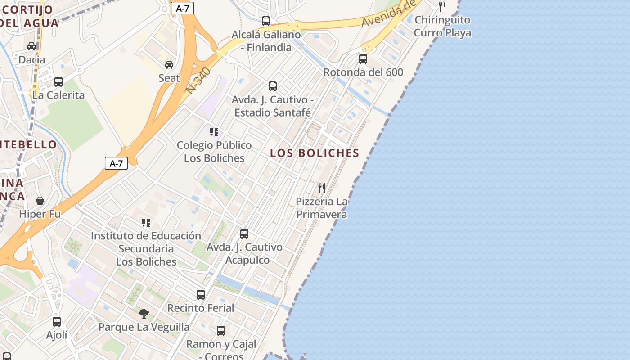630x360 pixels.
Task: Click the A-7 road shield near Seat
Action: [x=182, y=8]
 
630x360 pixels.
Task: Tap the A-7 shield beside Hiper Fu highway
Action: [x=116, y=163]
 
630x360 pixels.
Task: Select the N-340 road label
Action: [x=198, y=81]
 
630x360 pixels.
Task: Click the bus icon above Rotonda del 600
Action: [x=363, y=59]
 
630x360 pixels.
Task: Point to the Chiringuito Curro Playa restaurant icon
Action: [x=442, y=7]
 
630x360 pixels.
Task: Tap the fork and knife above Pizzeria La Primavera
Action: [x=322, y=188]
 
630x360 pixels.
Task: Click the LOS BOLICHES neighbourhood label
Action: [x=315, y=153]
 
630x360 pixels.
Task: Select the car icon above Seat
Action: [x=169, y=65]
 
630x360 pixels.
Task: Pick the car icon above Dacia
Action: [x=31, y=46]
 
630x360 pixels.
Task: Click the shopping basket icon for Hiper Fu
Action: [x=40, y=201]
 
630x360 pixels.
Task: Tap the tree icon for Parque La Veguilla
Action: [x=144, y=313]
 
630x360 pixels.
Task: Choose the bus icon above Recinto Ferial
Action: [x=201, y=295]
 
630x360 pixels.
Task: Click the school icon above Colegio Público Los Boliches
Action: [x=214, y=132]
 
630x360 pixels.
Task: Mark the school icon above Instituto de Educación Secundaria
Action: [x=146, y=223]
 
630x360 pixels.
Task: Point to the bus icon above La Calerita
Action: [x=58, y=82]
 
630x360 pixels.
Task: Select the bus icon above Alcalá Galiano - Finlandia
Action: [x=266, y=21]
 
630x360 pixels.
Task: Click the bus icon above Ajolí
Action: [x=57, y=322]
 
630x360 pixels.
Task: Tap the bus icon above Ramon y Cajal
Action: [x=221, y=331]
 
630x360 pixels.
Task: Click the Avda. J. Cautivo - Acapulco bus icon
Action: [x=244, y=234]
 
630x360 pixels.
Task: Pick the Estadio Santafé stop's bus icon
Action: [x=273, y=86]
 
